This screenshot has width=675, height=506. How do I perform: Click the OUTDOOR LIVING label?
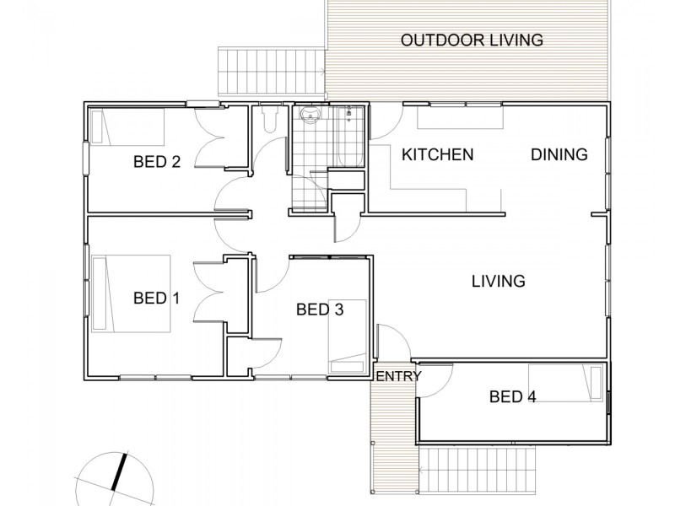(x=471, y=40)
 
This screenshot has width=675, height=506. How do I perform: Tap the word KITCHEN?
(x=437, y=154)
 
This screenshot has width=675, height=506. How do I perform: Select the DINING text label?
(x=559, y=154)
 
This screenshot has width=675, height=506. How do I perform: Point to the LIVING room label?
(x=498, y=281)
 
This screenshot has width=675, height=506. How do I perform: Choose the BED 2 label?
(x=157, y=161)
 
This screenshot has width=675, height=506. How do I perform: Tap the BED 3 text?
(x=320, y=310)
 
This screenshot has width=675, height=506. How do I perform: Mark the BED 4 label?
(x=512, y=396)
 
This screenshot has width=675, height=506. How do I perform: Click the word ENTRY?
(x=397, y=376)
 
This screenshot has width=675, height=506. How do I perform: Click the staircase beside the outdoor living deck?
(x=270, y=73)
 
